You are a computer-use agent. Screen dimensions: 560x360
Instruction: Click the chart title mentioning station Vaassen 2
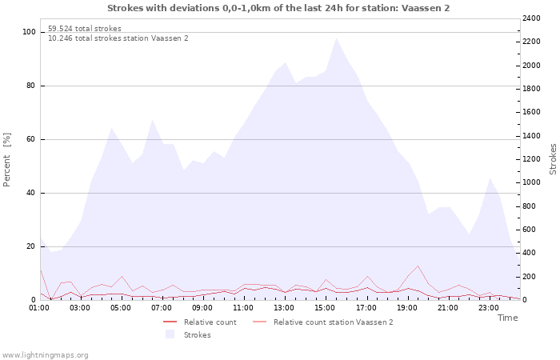(278, 8)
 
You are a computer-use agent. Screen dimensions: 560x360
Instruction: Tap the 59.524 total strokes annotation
(85, 29)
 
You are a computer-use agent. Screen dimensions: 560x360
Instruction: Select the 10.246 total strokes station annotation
(118, 38)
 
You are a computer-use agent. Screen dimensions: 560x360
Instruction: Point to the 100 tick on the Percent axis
(29, 32)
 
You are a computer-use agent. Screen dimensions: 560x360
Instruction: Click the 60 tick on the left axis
(30, 139)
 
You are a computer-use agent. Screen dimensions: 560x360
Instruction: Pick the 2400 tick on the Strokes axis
(531, 18)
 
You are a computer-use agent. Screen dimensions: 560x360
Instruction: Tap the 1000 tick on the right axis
(531, 182)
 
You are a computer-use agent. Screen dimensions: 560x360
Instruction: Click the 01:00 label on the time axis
(39, 308)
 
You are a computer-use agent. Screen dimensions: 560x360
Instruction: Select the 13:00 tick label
(284, 308)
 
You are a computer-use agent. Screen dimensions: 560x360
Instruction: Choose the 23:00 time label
(489, 308)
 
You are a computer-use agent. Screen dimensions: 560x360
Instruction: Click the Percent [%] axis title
(6, 160)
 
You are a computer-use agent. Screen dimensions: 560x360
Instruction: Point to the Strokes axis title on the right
(553, 159)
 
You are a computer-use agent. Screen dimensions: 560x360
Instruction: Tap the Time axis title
(507, 318)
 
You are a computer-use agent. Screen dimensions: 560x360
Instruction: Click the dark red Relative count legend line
(170, 322)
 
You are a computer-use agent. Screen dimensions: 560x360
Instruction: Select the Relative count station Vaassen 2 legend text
(334, 322)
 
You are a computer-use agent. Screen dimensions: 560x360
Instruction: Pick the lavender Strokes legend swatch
(170, 334)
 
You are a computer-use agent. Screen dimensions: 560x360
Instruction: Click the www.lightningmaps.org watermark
(45, 355)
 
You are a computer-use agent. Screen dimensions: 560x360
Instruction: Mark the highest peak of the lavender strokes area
(336, 38)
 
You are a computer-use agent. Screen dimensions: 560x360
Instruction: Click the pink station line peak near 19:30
(418, 266)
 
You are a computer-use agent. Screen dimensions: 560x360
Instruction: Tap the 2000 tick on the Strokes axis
(531, 66)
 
